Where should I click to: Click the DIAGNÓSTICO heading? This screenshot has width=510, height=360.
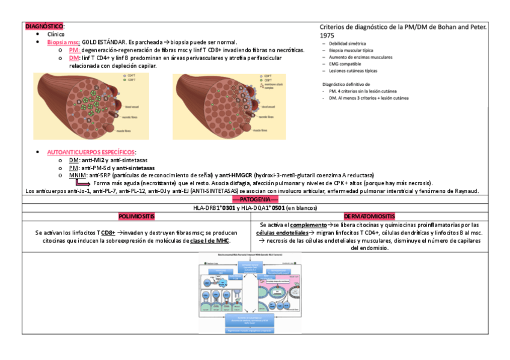tap(44, 27)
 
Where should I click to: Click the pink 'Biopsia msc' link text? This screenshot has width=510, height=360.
tap(63, 42)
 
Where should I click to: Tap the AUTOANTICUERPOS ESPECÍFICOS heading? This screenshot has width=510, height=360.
tap(91, 153)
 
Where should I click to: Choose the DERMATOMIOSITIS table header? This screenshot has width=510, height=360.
tap(369, 216)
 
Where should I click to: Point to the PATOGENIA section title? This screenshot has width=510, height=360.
tap(255, 199)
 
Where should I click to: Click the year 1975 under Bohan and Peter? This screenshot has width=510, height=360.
tap(328, 35)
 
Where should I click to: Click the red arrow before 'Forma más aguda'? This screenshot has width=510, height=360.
tap(82, 183)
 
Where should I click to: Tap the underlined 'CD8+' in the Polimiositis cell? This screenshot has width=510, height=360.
tap(108, 232)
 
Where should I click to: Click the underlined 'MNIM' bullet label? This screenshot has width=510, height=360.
tap(78, 175)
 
